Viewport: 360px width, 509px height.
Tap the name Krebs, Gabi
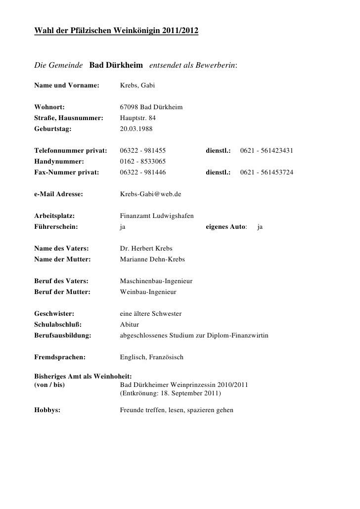point(137,86)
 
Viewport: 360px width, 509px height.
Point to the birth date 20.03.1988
point(136,127)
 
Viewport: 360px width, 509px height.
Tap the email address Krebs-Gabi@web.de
point(151,194)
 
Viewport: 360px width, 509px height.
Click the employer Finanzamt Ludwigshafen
point(157,216)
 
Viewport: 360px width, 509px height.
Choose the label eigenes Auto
point(225,227)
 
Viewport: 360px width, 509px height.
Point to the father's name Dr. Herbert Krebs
point(146,249)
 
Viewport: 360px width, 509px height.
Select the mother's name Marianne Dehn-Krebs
point(152,259)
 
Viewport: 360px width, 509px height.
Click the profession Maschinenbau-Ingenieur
point(156,281)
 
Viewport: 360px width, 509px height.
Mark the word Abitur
point(130,325)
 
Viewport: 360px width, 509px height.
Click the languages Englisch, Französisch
point(151,357)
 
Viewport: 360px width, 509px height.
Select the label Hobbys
point(47,410)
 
